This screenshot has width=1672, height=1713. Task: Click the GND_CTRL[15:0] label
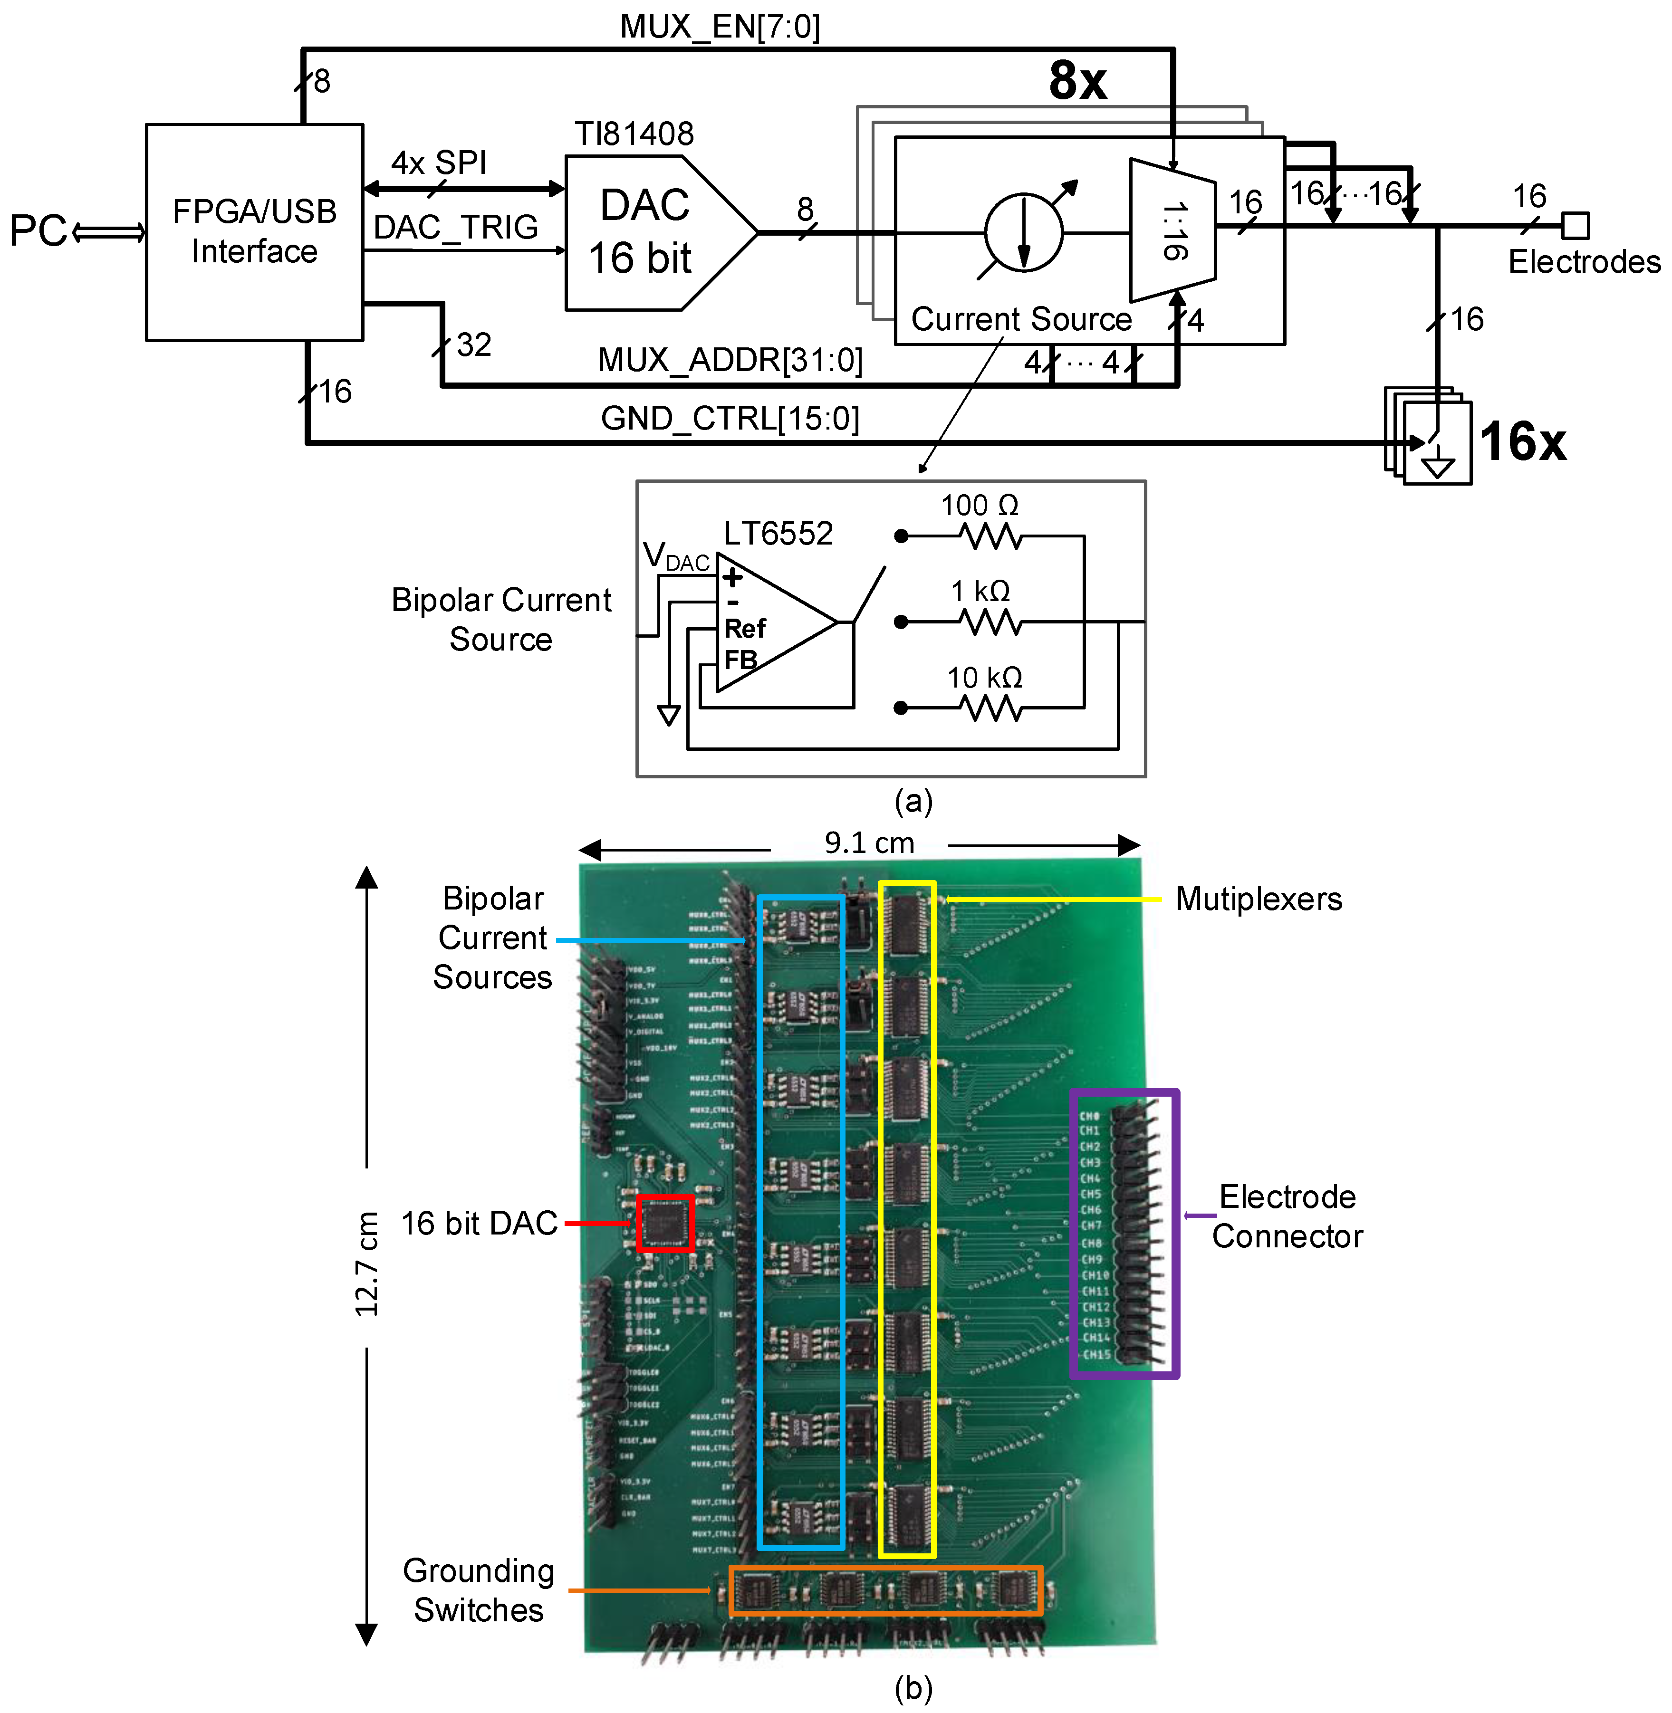(729, 418)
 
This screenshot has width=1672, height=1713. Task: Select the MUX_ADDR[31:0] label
(729, 360)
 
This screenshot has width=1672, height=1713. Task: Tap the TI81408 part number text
(634, 134)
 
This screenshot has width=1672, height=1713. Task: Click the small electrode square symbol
(1576, 226)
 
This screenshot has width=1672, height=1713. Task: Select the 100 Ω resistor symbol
(990, 536)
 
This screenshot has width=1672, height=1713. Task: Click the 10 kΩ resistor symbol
(990, 708)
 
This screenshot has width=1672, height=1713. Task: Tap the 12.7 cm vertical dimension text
(367, 1264)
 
